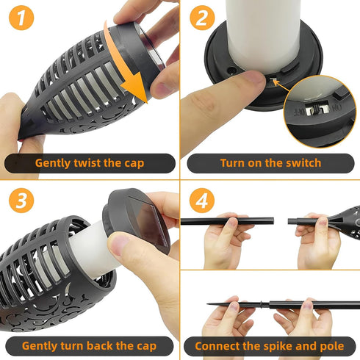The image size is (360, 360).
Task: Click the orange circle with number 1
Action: [21, 18]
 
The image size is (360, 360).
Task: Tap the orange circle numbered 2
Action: [202, 18]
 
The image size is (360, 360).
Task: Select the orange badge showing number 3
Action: [21, 201]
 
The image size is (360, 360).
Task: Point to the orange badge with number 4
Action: [202, 201]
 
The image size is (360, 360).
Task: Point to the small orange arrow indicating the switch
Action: [281, 85]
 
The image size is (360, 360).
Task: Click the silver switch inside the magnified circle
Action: [317, 108]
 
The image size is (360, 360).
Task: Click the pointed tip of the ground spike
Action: [207, 304]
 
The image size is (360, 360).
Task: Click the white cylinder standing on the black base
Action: [263, 35]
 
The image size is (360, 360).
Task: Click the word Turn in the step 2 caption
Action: [232, 163]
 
